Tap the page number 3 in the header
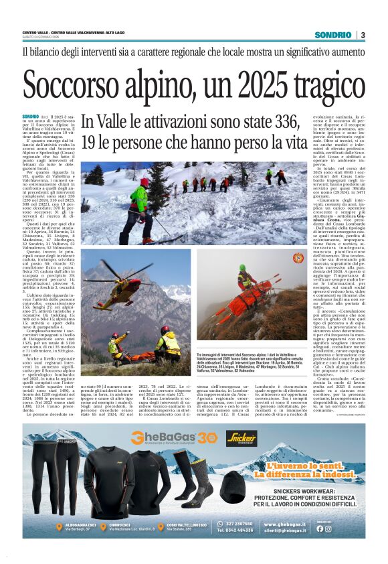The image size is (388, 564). (x=363, y=34)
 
